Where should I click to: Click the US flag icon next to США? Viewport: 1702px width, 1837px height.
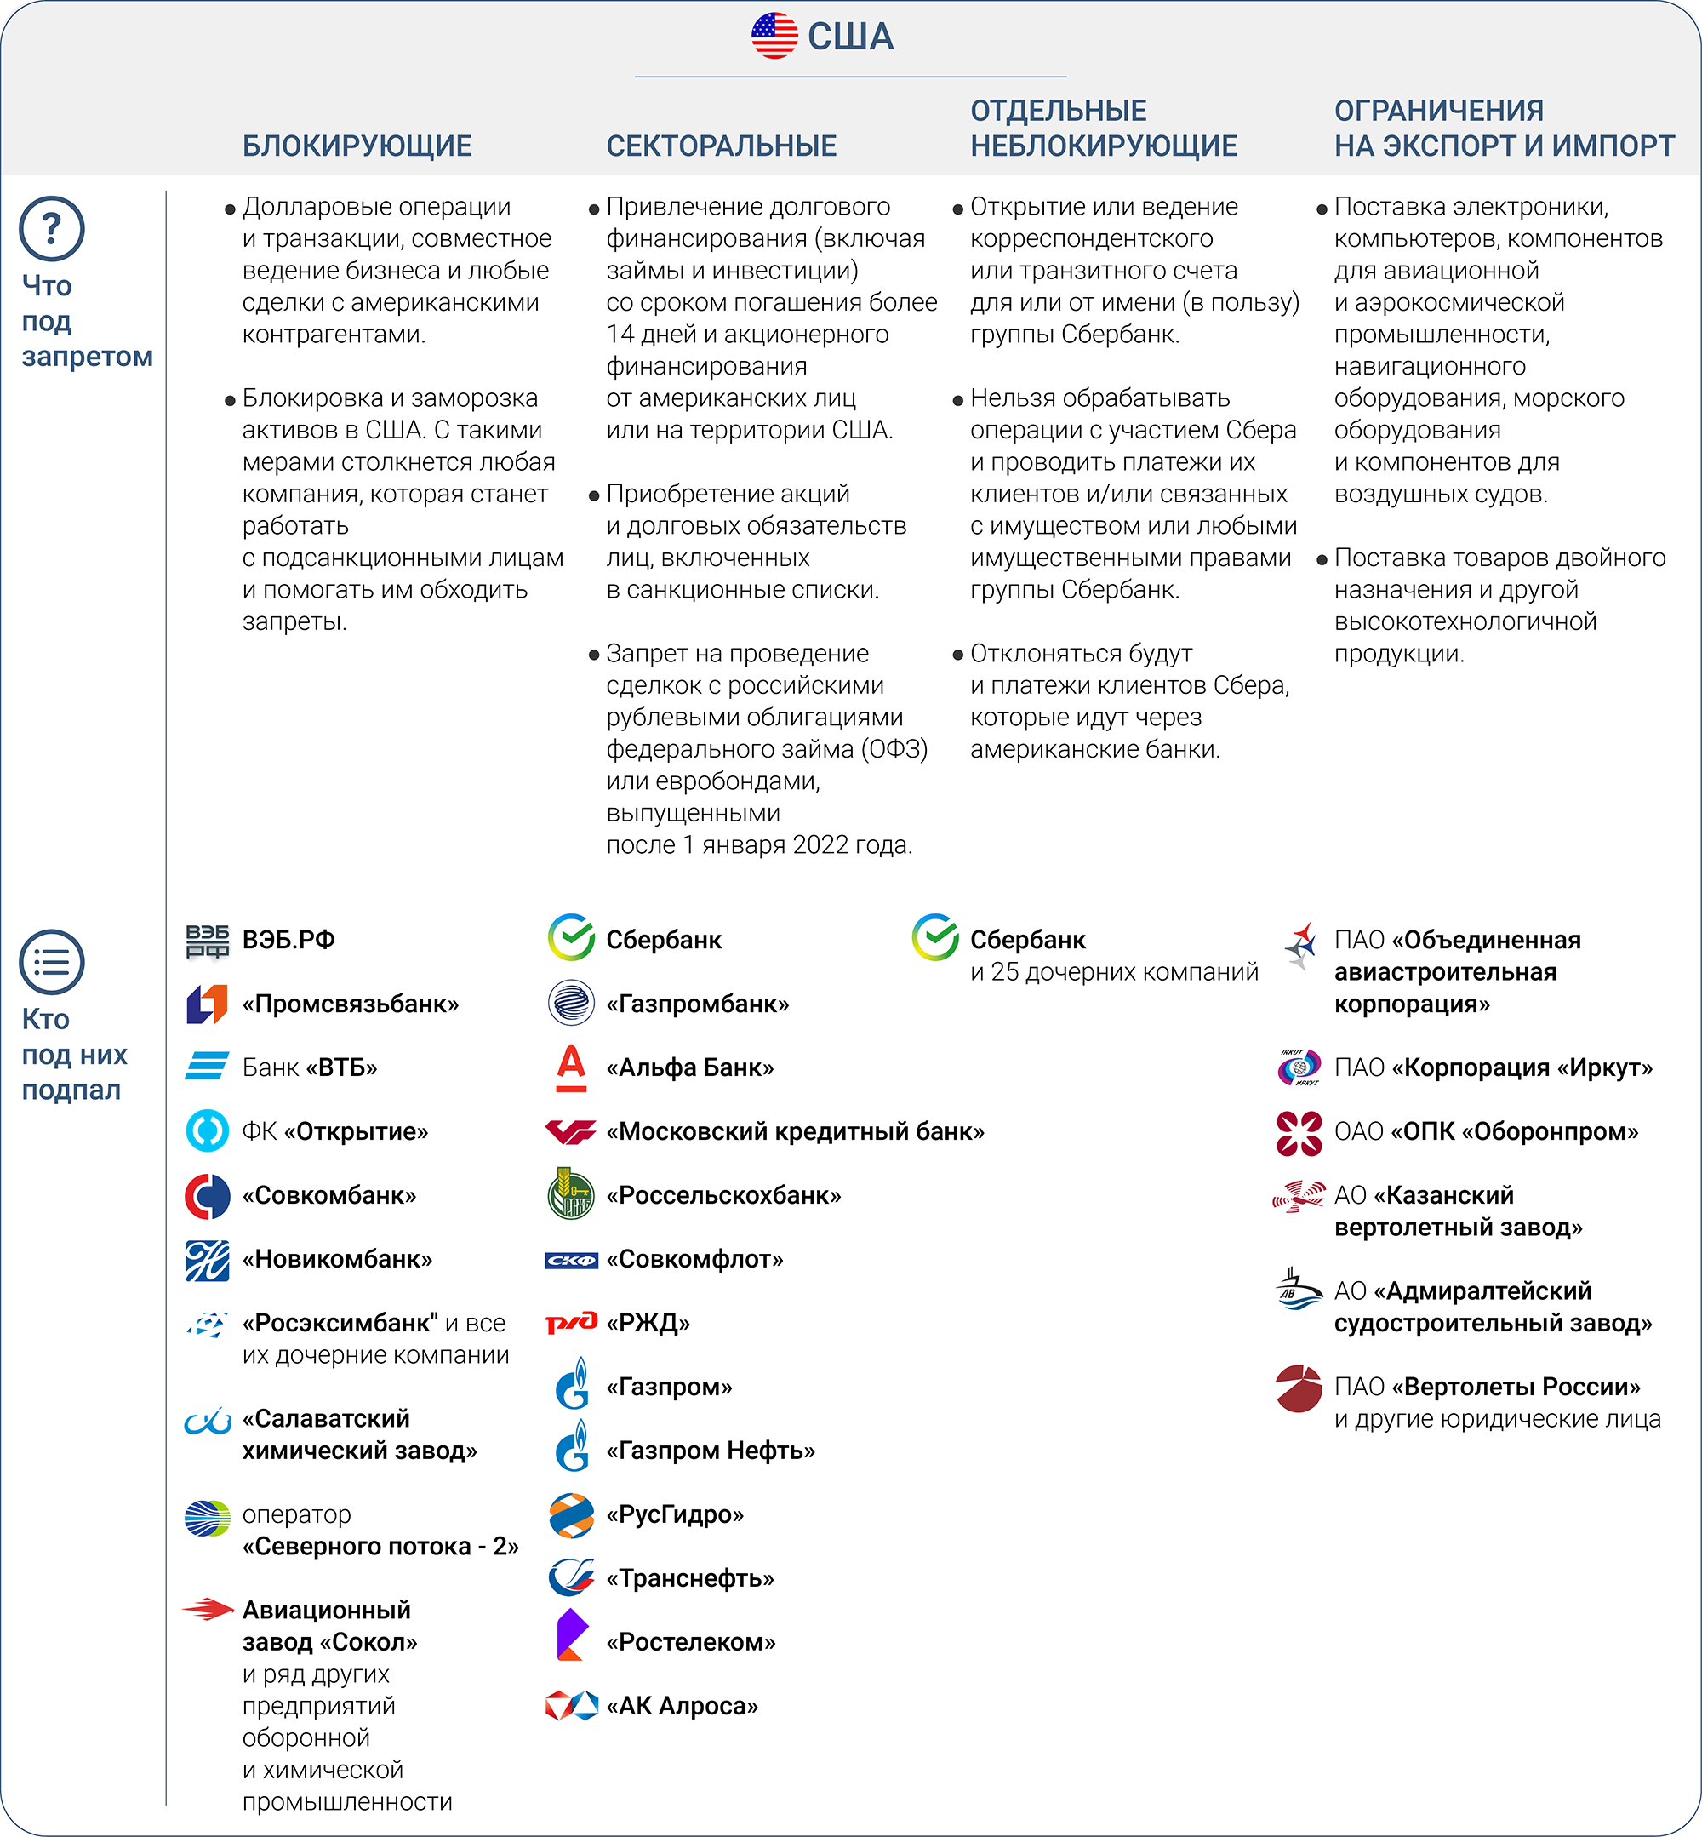pos(774,36)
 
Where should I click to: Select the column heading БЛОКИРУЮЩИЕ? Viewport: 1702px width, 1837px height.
pos(357,146)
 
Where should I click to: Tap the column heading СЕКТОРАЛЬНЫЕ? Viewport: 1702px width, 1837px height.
pos(721,146)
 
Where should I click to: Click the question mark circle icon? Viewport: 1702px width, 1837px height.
pos(52,228)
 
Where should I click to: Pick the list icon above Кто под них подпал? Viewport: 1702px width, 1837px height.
pos(52,962)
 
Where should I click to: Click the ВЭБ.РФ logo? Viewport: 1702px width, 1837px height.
pos(208,941)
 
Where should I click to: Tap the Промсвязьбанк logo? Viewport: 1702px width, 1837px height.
pos(208,1004)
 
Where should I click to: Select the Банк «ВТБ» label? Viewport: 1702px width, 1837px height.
pos(310,1067)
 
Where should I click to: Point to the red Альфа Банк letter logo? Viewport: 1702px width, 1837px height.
pos(571,1067)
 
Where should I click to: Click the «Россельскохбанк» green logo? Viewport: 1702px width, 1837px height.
pos(571,1195)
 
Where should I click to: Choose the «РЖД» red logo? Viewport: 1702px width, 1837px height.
pos(571,1323)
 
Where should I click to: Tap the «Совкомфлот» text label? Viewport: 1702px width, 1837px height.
pos(694,1259)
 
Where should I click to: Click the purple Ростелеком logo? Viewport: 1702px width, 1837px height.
pos(571,1635)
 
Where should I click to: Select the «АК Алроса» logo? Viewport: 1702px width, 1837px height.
pos(571,1706)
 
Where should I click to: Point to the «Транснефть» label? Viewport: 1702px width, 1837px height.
pos(690,1578)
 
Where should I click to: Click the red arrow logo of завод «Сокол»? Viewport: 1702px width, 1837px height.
pos(208,1610)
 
